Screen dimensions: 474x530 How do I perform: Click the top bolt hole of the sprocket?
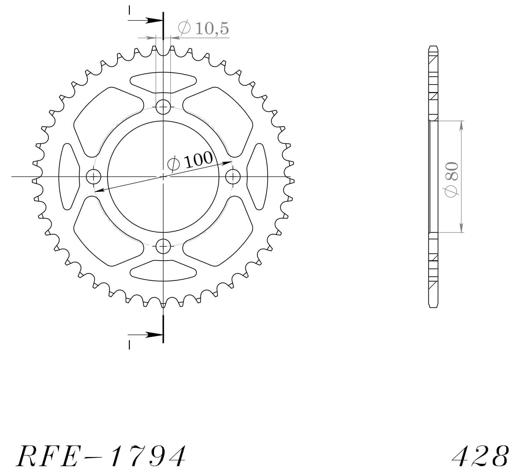click(163, 107)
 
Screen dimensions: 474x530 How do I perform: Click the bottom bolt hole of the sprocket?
click(163, 246)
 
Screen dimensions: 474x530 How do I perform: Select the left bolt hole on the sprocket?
click(94, 176)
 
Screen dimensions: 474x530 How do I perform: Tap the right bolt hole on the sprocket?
click(233, 176)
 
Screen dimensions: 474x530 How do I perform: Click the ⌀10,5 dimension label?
click(204, 28)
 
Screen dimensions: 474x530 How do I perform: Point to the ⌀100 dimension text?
click(190, 161)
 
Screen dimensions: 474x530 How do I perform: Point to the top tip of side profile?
click(434, 46)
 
